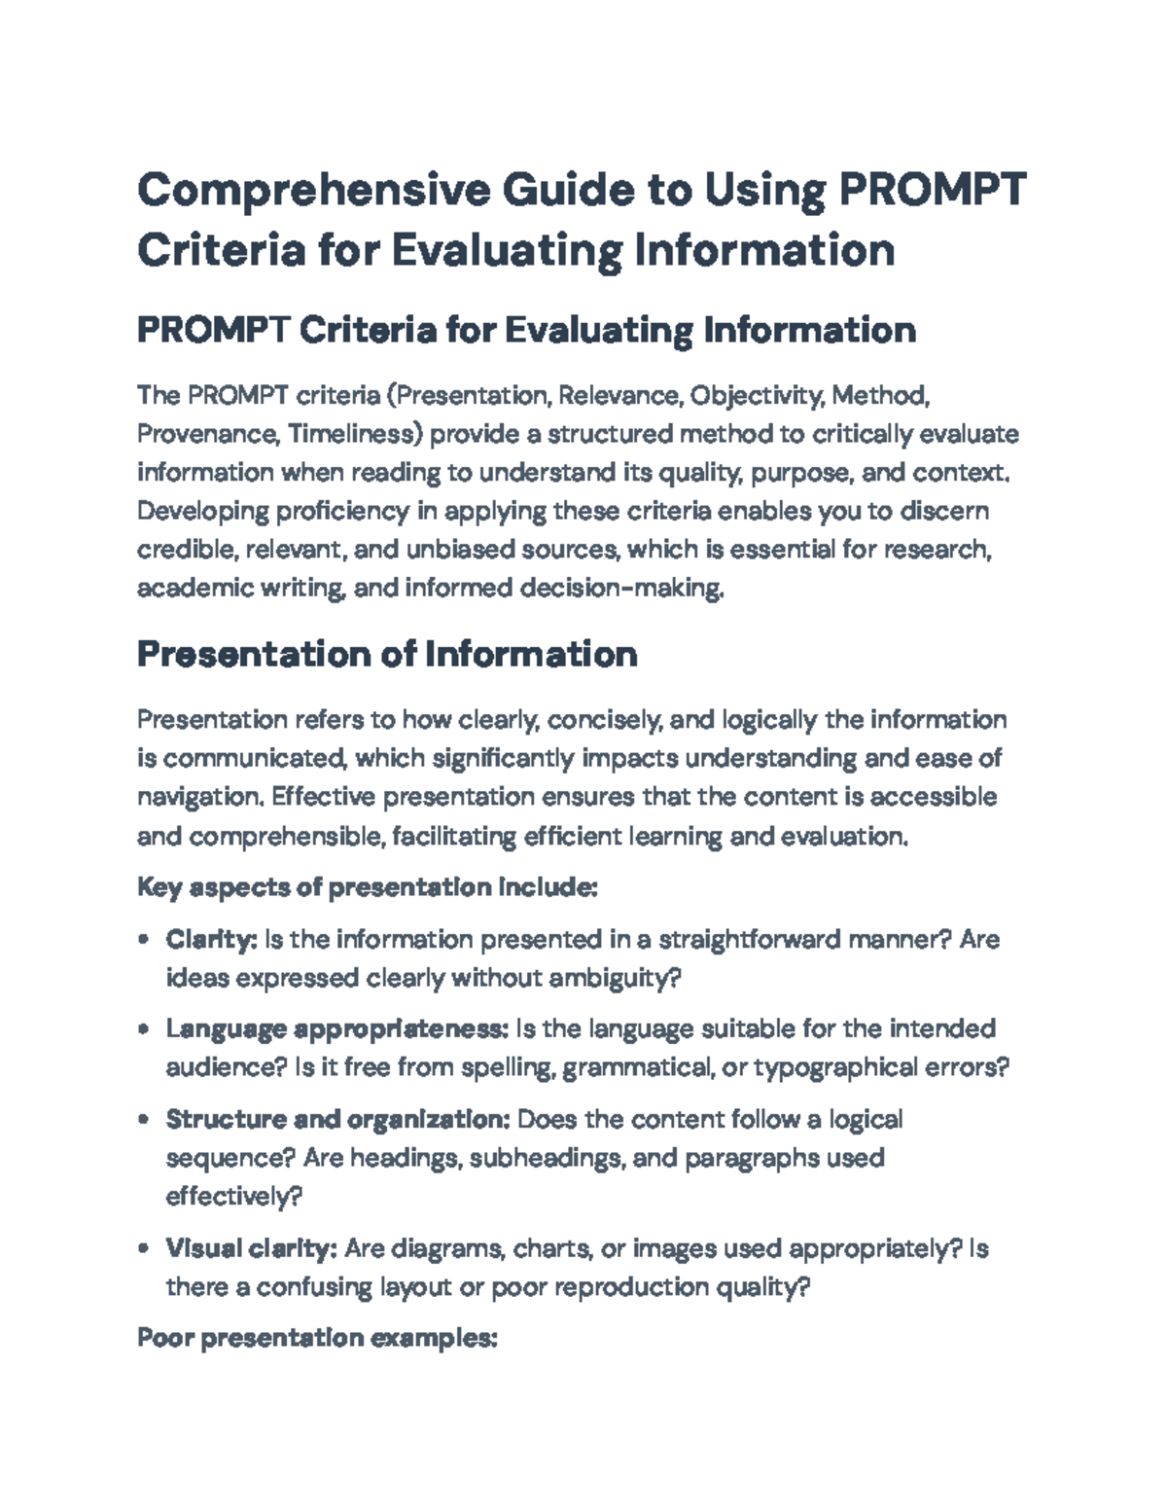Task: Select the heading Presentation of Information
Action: (x=387, y=654)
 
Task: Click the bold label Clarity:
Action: (x=210, y=940)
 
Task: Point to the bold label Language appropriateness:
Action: (x=336, y=1029)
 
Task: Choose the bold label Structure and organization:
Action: (x=337, y=1120)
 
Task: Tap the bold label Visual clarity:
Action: (x=251, y=1248)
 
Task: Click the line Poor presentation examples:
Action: (x=317, y=1339)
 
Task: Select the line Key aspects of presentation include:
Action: (x=367, y=887)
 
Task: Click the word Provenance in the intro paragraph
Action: (x=206, y=434)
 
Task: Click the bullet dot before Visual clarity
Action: (x=143, y=1249)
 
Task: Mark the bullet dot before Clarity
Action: (x=143, y=941)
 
